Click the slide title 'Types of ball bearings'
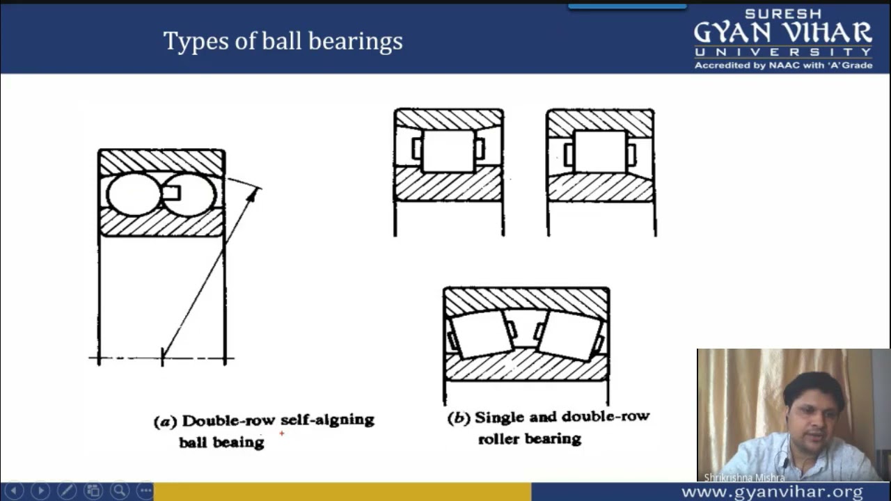[283, 41]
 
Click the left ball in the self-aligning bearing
[133, 194]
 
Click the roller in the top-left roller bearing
[448, 151]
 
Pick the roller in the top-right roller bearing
[599, 151]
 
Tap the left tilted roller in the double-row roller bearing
[482, 335]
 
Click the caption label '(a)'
[165, 422]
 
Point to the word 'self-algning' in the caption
[327, 420]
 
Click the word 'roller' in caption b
[499, 439]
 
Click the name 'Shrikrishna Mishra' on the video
[744, 477]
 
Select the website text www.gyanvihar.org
[772, 491]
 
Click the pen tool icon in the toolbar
[67, 491]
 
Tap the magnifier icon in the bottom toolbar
[120, 491]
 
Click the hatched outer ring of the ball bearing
[161, 162]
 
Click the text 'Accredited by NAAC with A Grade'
[783, 65]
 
